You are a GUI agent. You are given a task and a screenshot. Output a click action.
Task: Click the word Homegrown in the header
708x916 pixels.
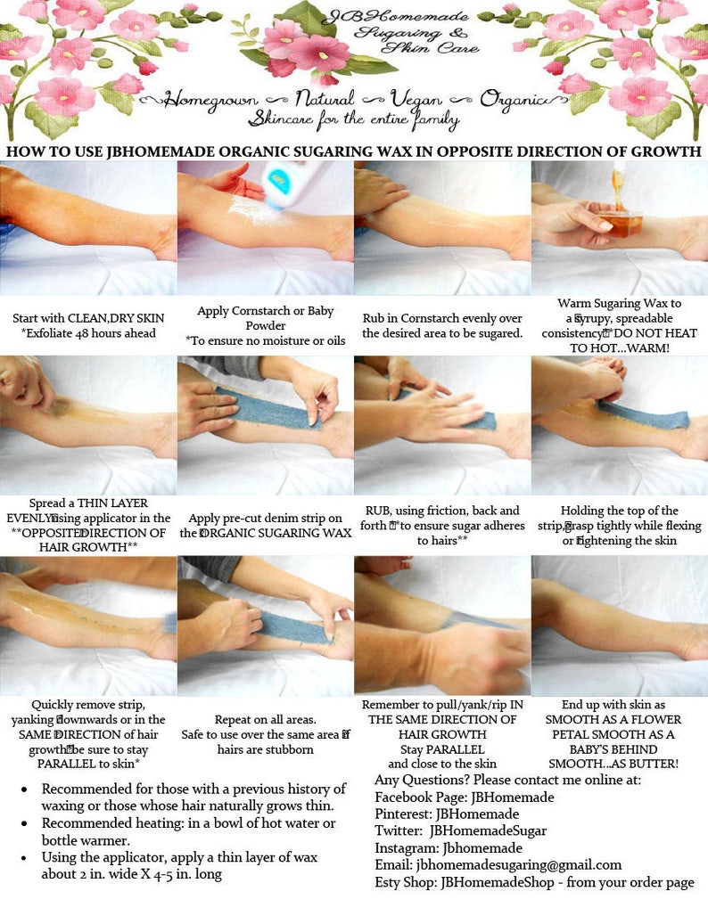213,99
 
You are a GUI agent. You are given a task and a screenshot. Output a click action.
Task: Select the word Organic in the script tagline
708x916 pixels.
512,99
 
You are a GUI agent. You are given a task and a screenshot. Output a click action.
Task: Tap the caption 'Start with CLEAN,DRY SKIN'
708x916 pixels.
88,318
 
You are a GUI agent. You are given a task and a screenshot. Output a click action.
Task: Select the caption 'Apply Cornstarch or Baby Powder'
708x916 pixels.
265,318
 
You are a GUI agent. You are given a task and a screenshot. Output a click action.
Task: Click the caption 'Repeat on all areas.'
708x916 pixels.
265,719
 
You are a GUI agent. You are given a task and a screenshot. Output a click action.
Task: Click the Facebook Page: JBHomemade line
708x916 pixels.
464,797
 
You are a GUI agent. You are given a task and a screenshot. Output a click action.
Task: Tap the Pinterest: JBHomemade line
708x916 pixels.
459,814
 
